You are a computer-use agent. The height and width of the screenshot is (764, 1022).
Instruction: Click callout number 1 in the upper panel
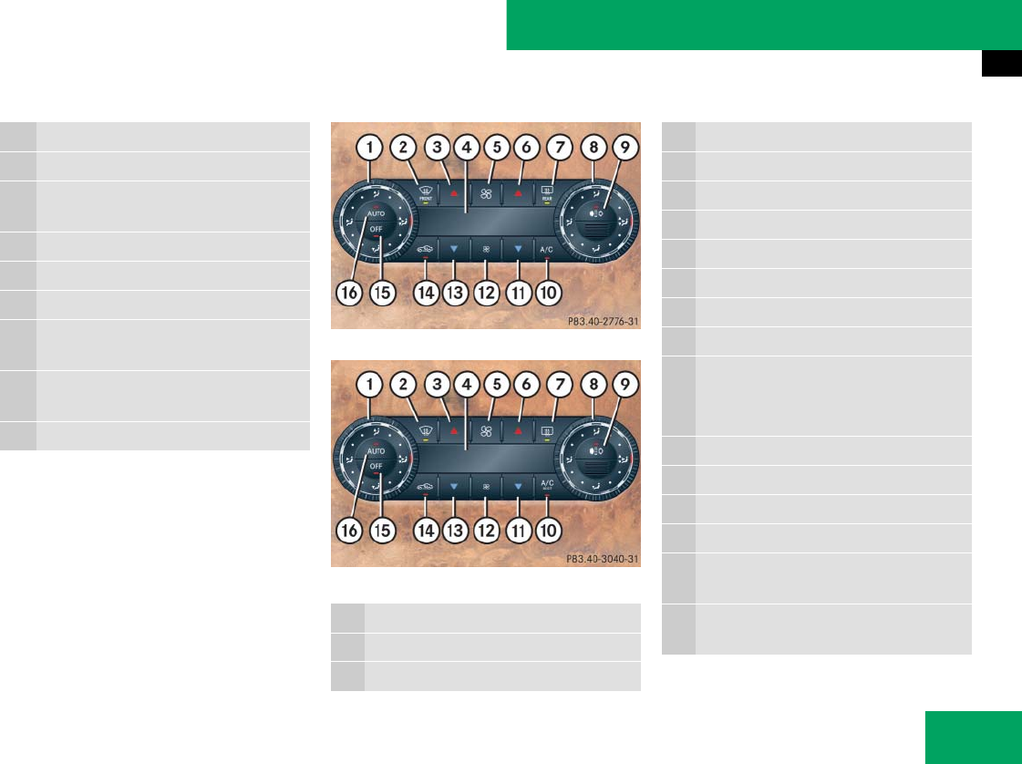pyautogui.click(x=370, y=146)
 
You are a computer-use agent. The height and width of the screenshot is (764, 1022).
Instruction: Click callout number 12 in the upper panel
pyautogui.click(x=486, y=293)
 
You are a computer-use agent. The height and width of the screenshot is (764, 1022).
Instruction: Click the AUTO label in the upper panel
pyautogui.click(x=377, y=212)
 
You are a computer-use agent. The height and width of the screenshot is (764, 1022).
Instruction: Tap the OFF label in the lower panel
pyautogui.click(x=377, y=466)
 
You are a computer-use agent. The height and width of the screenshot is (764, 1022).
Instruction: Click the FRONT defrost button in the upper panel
pyautogui.click(x=424, y=193)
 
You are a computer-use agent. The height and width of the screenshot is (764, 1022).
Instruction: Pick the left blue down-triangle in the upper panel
pyautogui.click(x=454, y=248)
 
